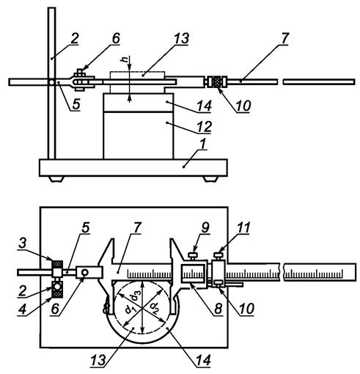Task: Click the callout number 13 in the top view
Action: (x=182, y=39)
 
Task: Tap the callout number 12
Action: (x=204, y=127)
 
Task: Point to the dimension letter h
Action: (x=125, y=59)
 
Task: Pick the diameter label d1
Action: (x=130, y=310)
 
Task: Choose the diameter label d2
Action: (x=154, y=307)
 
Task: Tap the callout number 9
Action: (x=205, y=228)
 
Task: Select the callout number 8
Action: (x=218, y=309)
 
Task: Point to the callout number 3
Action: (x=22, y=244)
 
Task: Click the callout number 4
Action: (x=22, y=310)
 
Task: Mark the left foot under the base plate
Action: (x=56, y=179)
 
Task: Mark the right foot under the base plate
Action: (x=210, y=179)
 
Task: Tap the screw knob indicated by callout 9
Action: (x=193, y=255)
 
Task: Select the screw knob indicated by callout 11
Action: (x=219, y=256)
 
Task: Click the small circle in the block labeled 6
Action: (x=85, y=272)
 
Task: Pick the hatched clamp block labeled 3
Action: (x=57, y=264)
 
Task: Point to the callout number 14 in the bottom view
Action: (x=203, y=360)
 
